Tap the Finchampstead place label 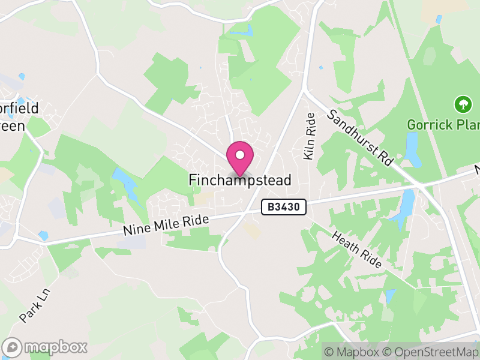click(240, 180)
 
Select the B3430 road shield click(285, 208)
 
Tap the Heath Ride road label click(356, 250)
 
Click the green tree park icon click(463, 105)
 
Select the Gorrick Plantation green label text click(443, 125)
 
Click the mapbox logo click(46, 347)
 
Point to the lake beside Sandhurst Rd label click(412, 149)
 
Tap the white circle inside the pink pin click(240, 155)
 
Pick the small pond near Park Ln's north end click(43, 235)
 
